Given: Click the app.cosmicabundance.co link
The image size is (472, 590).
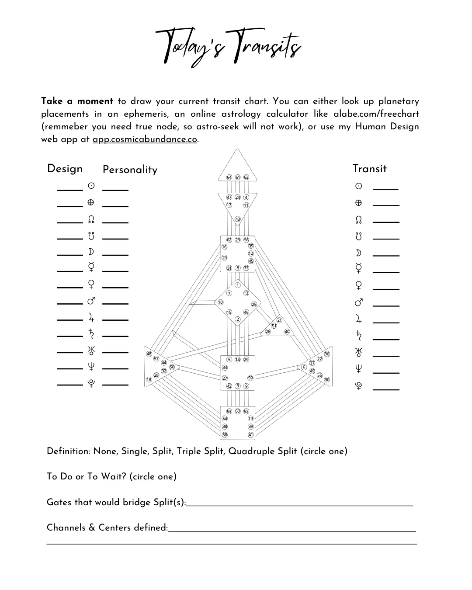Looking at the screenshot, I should [145, 139].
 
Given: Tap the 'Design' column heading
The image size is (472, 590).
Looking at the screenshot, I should [65, 169].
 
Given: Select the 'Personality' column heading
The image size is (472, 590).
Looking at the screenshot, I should [130, 170].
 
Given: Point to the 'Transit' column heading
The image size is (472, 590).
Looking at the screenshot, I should [369, 169].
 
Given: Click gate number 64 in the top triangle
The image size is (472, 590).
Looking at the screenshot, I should [229, 177].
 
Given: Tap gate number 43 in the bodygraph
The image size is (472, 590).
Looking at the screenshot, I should [238, 219].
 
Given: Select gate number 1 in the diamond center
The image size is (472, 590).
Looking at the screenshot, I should [238, 285].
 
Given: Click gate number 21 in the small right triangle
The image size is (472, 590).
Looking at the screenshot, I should [280, 320].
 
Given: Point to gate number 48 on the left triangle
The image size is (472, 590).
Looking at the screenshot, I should [149, 354].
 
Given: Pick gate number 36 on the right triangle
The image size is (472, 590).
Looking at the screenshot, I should [327, 354].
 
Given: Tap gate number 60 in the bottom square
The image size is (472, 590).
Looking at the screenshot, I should [238, 411].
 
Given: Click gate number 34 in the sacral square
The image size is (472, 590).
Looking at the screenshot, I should [225, 368].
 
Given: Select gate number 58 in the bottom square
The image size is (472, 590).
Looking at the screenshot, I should [225, 435].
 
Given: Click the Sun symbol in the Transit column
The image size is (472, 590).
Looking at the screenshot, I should [358, 186].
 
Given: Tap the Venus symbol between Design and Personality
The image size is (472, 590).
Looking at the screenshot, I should [91, 285].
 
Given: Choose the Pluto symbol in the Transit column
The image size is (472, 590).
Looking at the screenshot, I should [358, 386].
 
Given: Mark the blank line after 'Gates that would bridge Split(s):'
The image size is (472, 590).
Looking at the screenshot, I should [299, 504].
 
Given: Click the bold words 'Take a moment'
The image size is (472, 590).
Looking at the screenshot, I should [77, 101].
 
